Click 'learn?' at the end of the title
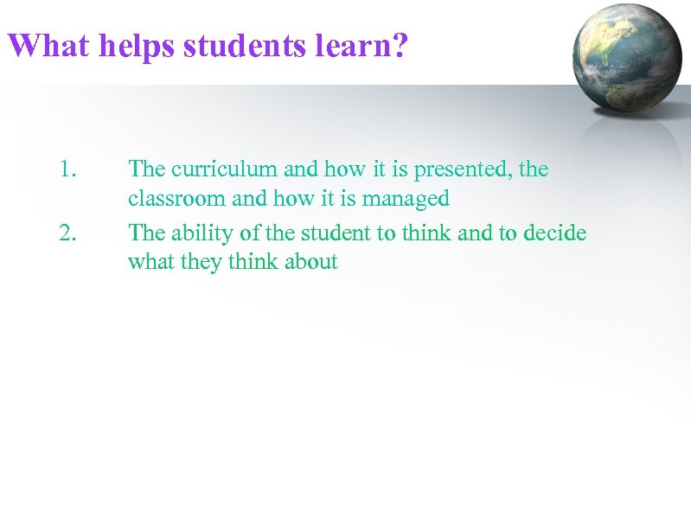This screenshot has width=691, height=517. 361,46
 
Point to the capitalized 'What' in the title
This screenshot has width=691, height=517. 48,46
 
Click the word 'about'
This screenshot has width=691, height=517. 310,262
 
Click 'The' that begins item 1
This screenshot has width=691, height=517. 144,169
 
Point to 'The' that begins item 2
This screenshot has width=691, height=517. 144,233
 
